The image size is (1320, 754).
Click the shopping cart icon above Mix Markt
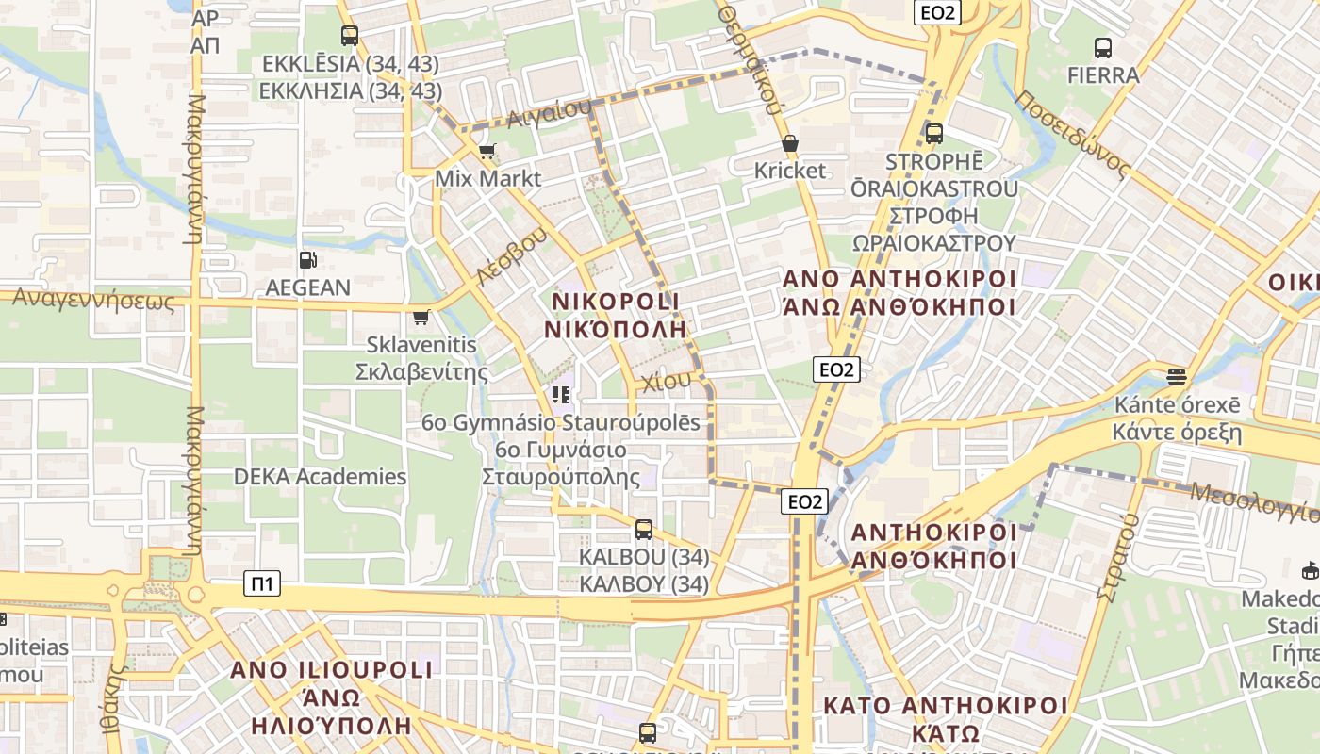pos(487,151)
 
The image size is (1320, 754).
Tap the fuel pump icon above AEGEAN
pos(307,260)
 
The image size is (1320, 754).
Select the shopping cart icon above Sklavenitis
pos(421,318)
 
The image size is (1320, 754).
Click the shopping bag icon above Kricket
pos(790,143)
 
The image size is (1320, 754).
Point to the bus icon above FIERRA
pos(1102,47)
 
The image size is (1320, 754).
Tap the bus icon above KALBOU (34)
pos(644,530)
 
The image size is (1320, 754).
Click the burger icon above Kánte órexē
pos(1176,377)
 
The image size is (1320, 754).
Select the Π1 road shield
pos(262,583)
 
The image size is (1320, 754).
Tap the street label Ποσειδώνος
pos(1072,135)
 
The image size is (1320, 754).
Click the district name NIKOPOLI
pos(616,301)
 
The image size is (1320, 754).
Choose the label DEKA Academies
pos(321,477)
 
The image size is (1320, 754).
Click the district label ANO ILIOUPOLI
pos(332,670)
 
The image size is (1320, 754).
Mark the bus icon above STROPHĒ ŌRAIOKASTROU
pos(934,134)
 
